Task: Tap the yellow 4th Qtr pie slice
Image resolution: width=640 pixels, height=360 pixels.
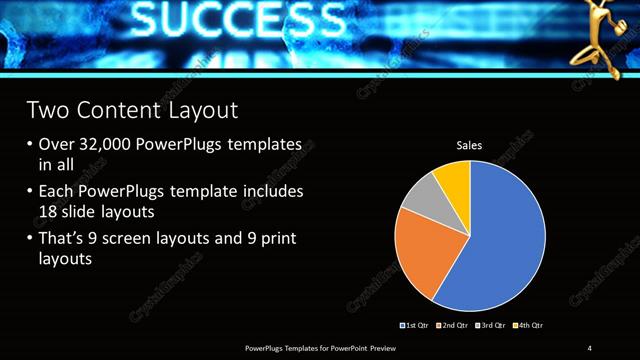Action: pyautogui.click(x=453, y=178)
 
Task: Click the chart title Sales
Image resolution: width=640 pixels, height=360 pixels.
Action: pyautogui.click(x=469, y=146)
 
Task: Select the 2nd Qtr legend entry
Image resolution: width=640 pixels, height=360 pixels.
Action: pyautogui.click(x=455, y=326)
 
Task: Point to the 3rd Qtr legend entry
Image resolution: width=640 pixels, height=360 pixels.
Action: pyautogui.click(x=492, y=326)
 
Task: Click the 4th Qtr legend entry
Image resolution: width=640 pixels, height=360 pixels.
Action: pyautogui.click(x=529, y=326)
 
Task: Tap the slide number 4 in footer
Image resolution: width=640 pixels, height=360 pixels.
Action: pyautogui.click(x=590, y=347)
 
